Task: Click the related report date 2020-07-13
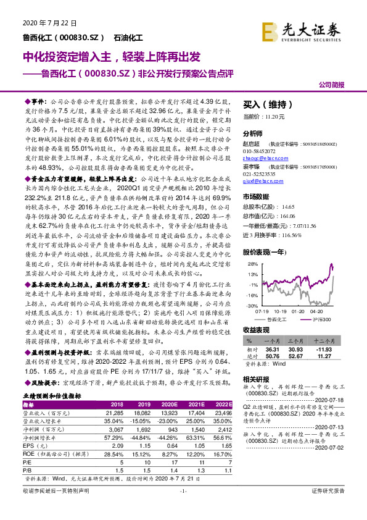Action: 334,409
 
